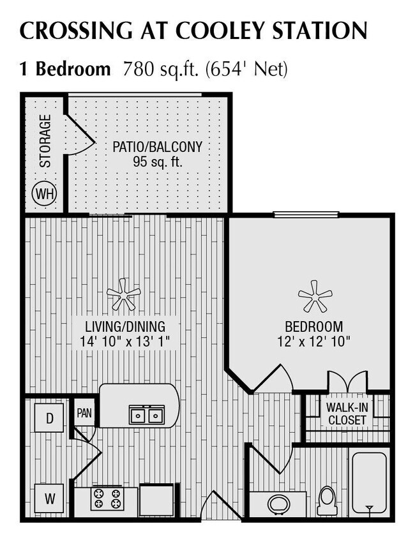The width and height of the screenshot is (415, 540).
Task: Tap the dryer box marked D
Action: click(49, 418)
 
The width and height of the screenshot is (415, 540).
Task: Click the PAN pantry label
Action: click(84, 412)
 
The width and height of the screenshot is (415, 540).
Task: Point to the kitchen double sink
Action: click(146, 415)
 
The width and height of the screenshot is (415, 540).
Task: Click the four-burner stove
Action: click(106, 498)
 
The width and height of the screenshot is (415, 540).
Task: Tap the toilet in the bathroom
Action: click(327, 500)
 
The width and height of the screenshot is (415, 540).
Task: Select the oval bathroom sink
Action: click(278, 504)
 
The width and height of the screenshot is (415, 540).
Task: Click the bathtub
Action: click(369, 483)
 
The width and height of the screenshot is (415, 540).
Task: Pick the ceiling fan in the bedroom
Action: click(315, 296)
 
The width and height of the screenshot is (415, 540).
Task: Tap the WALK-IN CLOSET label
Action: click(346, 413)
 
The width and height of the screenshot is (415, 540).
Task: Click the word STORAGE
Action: click(45, 140)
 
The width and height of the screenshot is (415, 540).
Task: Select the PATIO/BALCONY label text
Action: click(158, 147)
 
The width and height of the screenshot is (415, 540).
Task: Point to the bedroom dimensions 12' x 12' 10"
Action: click(314, 341)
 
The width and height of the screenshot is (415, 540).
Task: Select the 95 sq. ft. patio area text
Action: click(158, 161)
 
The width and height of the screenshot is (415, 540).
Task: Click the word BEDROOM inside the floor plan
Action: click(313, 326)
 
